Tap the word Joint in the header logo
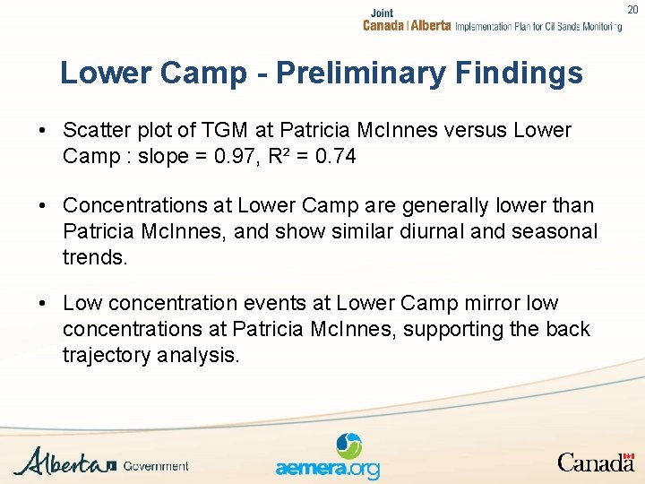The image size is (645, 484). pos(382,13)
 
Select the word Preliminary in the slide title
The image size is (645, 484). pos(382,73)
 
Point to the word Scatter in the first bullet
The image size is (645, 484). pos(94,131)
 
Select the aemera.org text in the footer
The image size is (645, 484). pos(327,469)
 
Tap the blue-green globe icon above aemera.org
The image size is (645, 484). pos(348,445)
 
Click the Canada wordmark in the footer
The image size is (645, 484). pos(596,462)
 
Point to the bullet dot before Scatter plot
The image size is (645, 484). pos(43,132)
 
